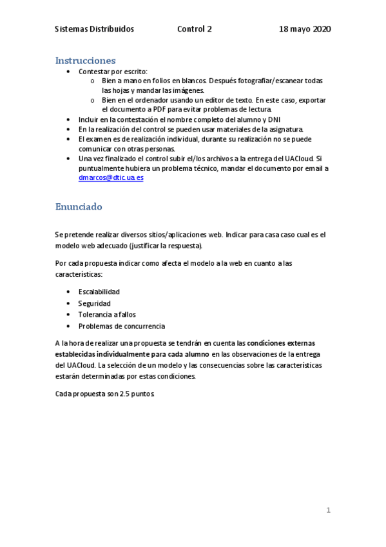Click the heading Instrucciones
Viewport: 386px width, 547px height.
coord(85,61)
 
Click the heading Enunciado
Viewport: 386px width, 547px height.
coord(79,207)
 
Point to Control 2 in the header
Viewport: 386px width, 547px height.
coord(194,30)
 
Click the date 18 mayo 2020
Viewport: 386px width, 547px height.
coord(305,30)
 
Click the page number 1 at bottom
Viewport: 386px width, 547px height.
coord(328,510)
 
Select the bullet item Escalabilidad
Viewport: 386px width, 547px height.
coord(99,292)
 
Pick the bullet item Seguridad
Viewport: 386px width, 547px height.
coord(94,303)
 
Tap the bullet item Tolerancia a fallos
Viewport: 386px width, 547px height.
coord(107,315)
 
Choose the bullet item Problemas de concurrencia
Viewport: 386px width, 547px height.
coord(121,326)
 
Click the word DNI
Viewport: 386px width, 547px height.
coord(274,119)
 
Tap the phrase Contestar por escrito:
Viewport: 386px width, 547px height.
coord(112,71)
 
